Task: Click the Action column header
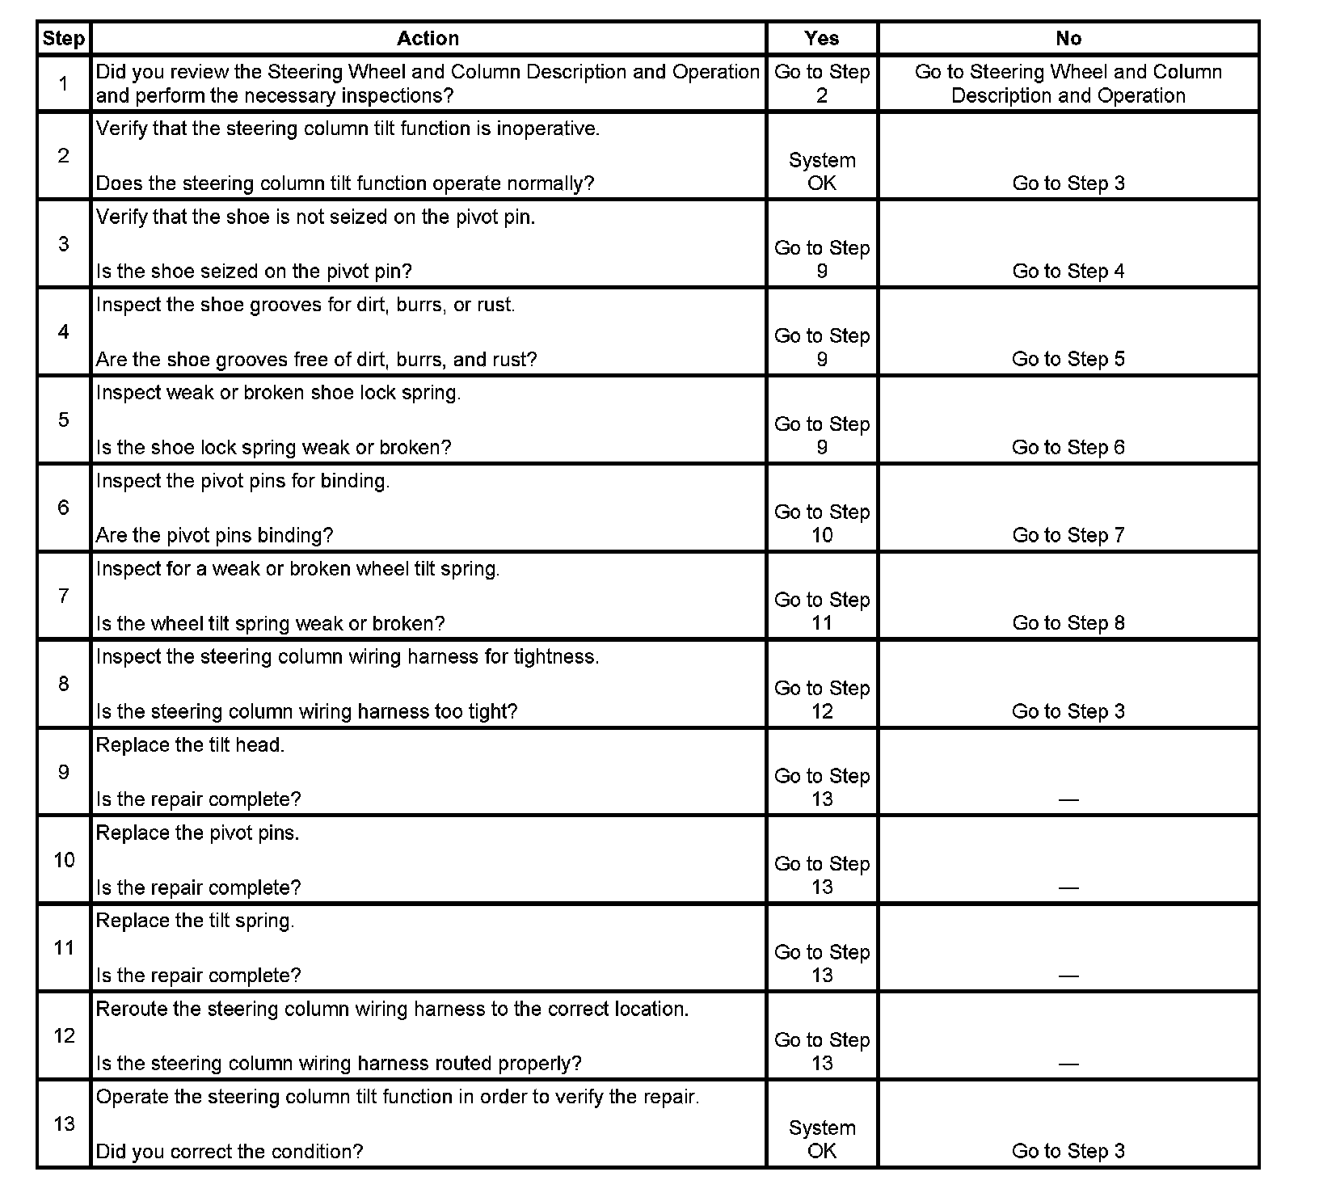428,38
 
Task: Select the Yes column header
821,38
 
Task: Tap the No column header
1068,38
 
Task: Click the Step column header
63,38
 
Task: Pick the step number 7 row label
63,596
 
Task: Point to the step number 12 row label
63,1035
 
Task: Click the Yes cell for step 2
821,171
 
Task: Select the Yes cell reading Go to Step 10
821,523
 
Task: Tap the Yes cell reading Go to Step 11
821,611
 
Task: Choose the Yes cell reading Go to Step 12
821,699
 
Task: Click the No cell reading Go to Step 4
1068,272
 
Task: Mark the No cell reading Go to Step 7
1068,535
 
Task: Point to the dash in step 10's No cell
1068,887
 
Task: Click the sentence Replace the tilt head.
190,744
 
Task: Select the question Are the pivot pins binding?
214,535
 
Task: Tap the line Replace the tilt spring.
195,921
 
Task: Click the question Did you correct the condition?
230,1151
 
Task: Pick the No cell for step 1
1068,83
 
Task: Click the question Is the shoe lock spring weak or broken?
273,447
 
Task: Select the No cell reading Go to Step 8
1068,623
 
